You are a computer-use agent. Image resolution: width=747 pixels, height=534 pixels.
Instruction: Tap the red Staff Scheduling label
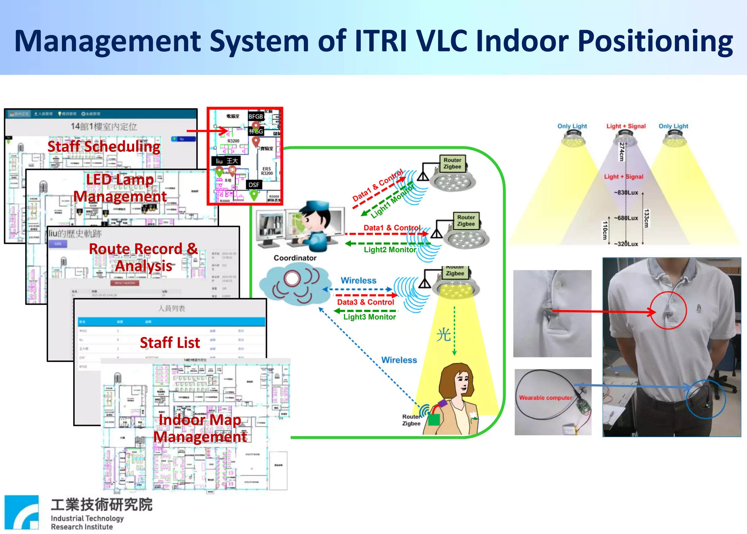pos(104,147)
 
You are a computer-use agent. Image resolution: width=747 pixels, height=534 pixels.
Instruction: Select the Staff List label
pos(170,343)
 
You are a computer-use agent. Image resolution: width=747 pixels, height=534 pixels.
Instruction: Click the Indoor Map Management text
pos(200,428)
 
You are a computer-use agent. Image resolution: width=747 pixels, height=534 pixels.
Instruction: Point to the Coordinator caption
pos(295,258)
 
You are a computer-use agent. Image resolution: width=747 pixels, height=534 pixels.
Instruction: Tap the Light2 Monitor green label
pos(390,250)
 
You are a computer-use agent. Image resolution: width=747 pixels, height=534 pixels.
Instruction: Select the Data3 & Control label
pos(365,302)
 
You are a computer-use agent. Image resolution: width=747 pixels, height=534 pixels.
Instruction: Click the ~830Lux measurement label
pos(626,192)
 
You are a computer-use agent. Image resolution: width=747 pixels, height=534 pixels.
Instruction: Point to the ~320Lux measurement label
pos(626,244)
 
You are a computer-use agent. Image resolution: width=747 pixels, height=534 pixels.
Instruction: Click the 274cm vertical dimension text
pos(622,152)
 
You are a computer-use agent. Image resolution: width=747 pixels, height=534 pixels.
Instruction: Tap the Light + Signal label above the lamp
pos(626,126)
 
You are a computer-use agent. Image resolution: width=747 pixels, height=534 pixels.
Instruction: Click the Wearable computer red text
pos(545,398)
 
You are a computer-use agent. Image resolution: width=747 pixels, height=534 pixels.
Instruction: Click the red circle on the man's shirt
pos(668,311)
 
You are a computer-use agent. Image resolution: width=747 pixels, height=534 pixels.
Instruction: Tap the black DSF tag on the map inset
pos(253,185)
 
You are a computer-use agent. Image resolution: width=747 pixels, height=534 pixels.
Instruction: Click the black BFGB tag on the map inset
pos(256,116)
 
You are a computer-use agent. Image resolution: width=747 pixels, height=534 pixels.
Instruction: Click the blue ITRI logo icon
pos(22,512)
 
